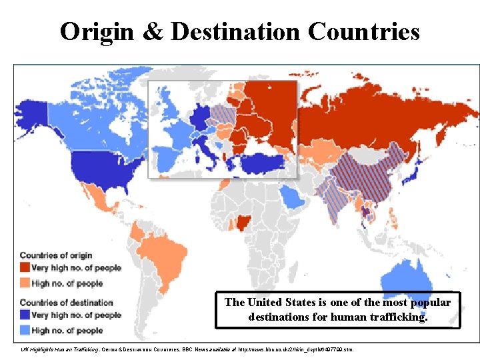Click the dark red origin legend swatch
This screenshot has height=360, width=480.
click(x=25, y=268)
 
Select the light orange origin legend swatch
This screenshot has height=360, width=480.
click(x=25, y=283)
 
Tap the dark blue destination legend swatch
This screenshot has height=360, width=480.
click(x=25, y=315)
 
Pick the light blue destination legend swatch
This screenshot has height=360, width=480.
click(x=25, y=331)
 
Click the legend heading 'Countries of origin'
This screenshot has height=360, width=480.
click(x=56, y=255)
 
